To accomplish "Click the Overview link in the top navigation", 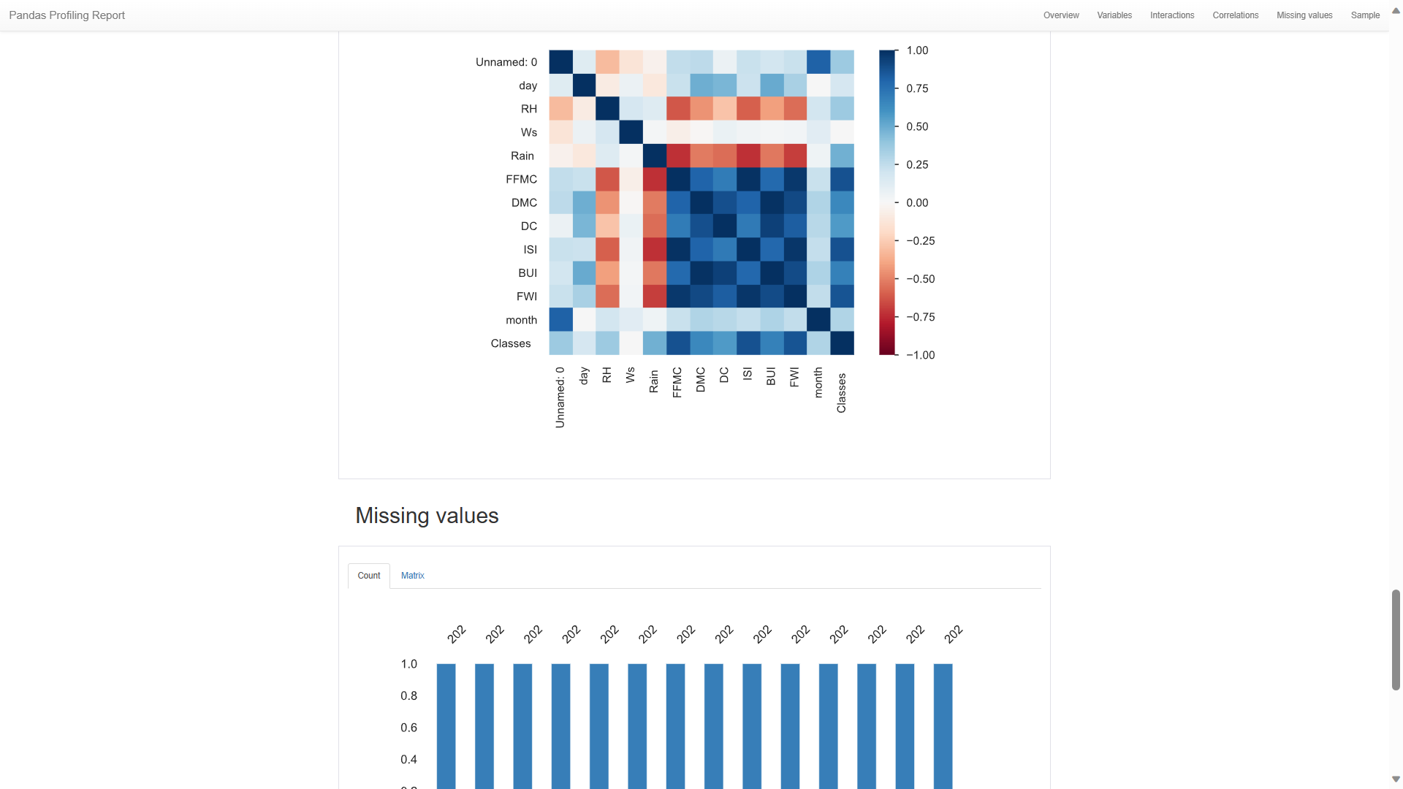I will click(1060, 15).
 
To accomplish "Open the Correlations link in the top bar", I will click(1235, 15).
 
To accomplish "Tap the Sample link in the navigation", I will click(1364, 15).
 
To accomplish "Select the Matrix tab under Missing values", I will click(412, 576).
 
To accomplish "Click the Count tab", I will click(368, 576).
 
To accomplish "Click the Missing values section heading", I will click(427, 516).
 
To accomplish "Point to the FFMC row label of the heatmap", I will click(521, 179).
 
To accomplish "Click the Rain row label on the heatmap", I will click(522, 156).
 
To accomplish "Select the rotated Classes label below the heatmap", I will click(841, 393).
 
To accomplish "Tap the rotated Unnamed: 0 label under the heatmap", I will click(560, 397).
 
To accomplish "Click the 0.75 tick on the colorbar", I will click(916, 88).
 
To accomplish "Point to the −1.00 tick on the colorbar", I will click(920, 355).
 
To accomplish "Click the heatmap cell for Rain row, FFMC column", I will click(677, 156).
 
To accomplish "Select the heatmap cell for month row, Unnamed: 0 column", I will click(560, 320).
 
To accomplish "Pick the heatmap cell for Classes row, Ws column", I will click(631, 343).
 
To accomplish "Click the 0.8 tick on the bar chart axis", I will click(408, 695).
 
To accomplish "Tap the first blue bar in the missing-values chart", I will click(446, 723).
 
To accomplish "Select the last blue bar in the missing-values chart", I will click(943, 723).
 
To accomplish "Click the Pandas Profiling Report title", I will click(66, 15).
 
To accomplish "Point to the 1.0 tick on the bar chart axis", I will click(408, 664).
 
